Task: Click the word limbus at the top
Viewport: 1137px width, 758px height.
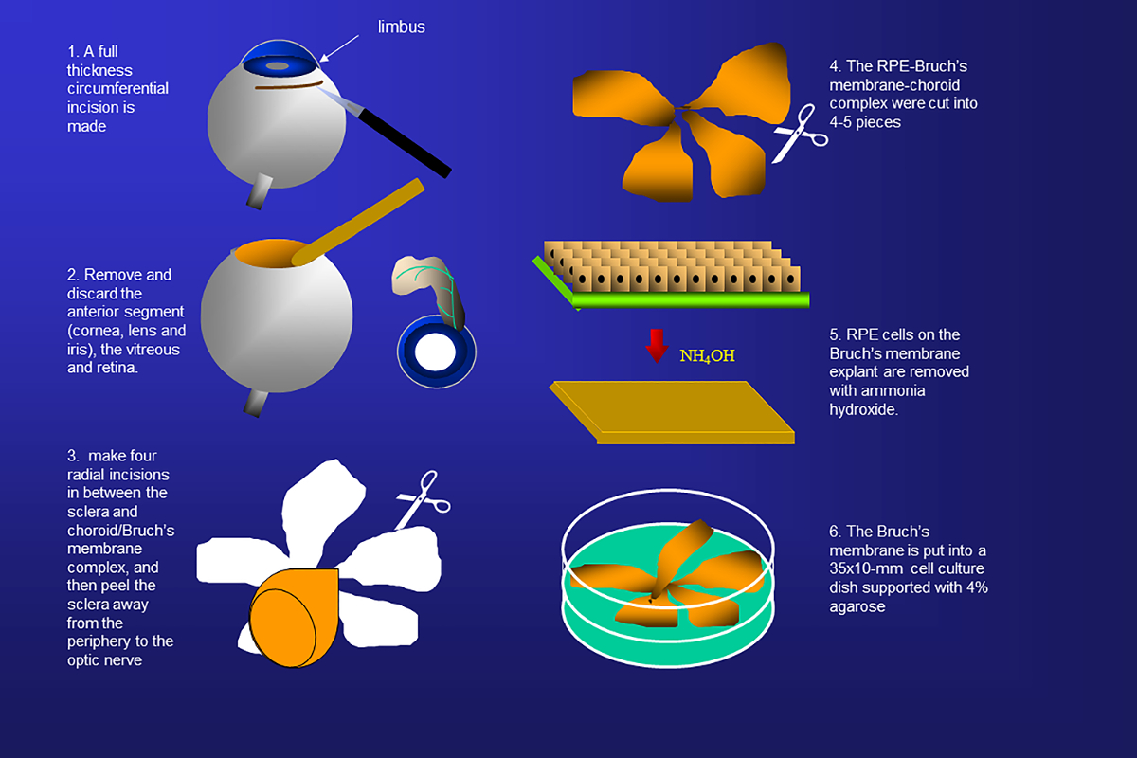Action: [401, 27]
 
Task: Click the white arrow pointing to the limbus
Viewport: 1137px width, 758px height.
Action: [339, 48]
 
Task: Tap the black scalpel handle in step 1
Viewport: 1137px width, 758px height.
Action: [405, 143]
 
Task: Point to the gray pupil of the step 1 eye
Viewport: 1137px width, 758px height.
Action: [277, 66]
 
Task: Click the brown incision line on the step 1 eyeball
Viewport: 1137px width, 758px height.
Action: [288, 85]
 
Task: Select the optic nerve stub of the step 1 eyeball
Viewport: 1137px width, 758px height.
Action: [259, 191]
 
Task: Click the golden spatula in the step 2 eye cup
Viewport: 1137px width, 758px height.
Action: [358, 222]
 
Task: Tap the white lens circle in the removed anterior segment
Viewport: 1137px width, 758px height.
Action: [435, 352]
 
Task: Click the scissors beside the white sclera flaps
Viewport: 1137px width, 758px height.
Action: [423, 499]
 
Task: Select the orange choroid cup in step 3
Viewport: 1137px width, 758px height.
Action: [295, 617]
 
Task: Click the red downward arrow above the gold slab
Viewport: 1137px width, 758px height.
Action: [657, 346]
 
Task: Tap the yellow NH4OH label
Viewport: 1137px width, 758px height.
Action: [707, 355]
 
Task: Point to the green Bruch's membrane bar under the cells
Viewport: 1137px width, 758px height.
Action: [691, 300]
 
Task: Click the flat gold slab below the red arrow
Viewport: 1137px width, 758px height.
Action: [673, 412]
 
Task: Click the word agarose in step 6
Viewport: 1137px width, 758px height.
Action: [857, 606]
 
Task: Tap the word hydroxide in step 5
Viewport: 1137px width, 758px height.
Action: [863, 409]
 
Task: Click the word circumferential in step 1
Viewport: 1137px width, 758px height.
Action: [117, 88]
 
